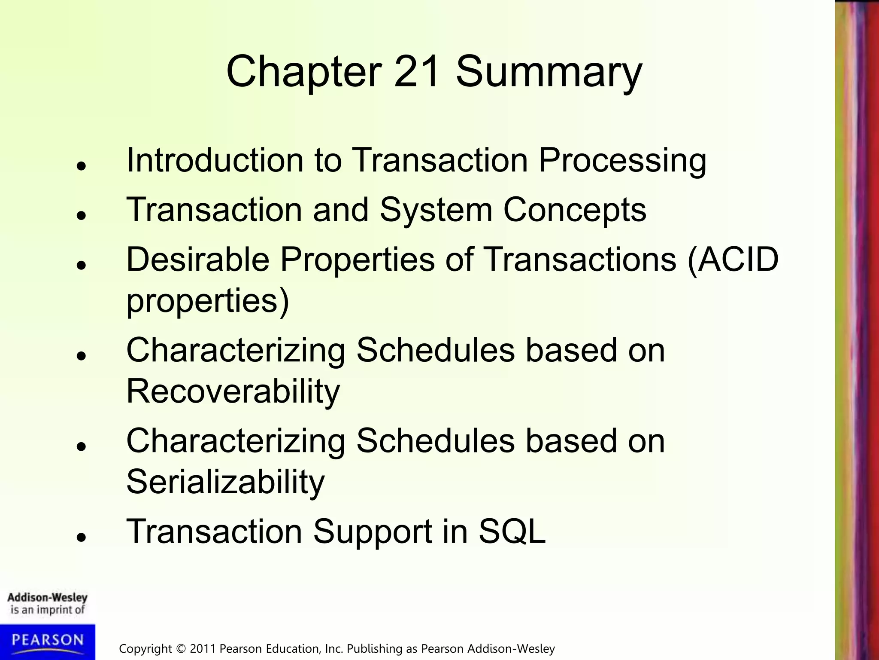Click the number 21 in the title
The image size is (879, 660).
(416, 71)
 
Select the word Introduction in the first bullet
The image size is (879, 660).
(215, 160)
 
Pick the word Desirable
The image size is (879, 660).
(198, 260)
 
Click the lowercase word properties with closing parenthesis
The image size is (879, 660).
(208, 302)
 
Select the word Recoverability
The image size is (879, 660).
(233, 392)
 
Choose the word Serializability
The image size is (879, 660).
(225, 483)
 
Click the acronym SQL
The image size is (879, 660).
(512, 532)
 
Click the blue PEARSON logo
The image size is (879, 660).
(47, 641)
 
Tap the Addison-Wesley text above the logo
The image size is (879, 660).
(47, 597)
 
